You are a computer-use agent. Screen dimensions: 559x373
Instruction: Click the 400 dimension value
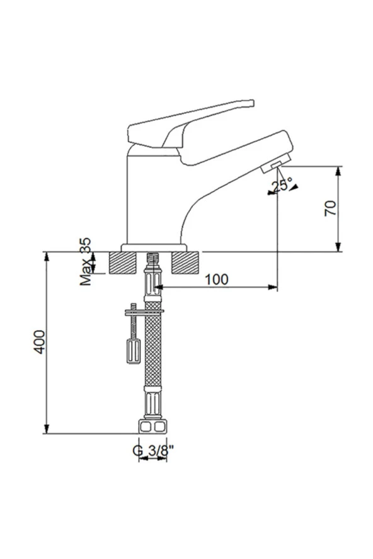click(x=39, y=342)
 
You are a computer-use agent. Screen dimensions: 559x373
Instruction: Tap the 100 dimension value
click(x=216, y=279)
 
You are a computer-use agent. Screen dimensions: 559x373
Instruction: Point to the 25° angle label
click(x=282, y=184)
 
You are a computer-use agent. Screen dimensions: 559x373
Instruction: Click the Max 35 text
click(x=86, y=261)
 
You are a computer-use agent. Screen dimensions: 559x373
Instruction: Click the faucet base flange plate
click(x=154, y=247)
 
